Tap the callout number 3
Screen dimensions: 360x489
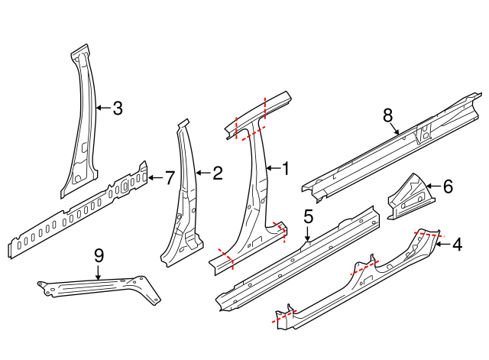click(x=117, y=109)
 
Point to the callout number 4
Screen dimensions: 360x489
click(x=457, y=245)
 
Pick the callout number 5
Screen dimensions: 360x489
click(x=308, y=217)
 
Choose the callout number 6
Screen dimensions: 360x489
click(x=448, y=185)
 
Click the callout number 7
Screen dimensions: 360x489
click(x=170, y=178)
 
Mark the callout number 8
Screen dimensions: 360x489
click(x=387, y=115)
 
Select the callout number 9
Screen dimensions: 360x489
click(x=99, y=255)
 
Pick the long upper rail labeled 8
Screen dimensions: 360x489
click(x=382, y=149)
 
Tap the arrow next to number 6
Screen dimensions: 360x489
click(x=432, y=185)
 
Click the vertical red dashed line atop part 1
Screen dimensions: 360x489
click(x=264, y=107)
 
